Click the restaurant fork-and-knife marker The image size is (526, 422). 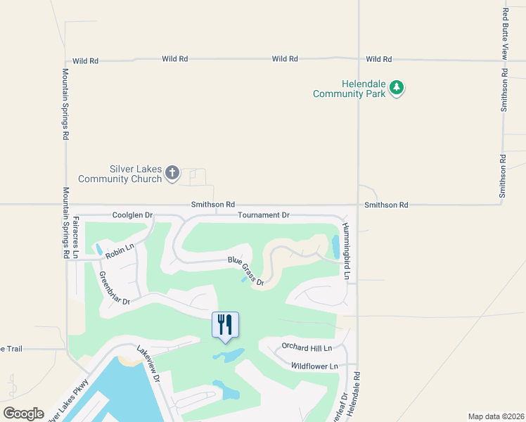225,325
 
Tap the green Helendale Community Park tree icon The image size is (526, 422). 398,88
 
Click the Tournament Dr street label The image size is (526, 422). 263,215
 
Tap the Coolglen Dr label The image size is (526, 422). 132,215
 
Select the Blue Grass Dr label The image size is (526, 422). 245,271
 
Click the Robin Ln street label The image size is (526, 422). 120,246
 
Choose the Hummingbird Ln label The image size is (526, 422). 346,251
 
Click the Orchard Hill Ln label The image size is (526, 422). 306,346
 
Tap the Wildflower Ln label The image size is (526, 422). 314,366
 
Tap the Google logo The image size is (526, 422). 23,414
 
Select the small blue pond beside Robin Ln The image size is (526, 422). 98,249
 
